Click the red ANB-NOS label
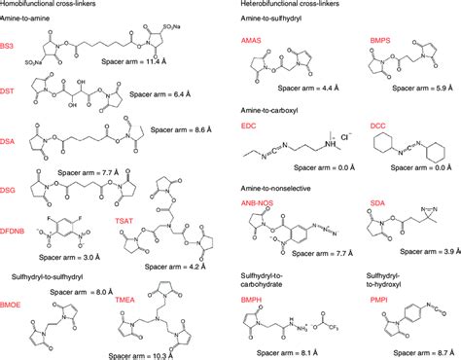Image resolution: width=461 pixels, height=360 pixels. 262,202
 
